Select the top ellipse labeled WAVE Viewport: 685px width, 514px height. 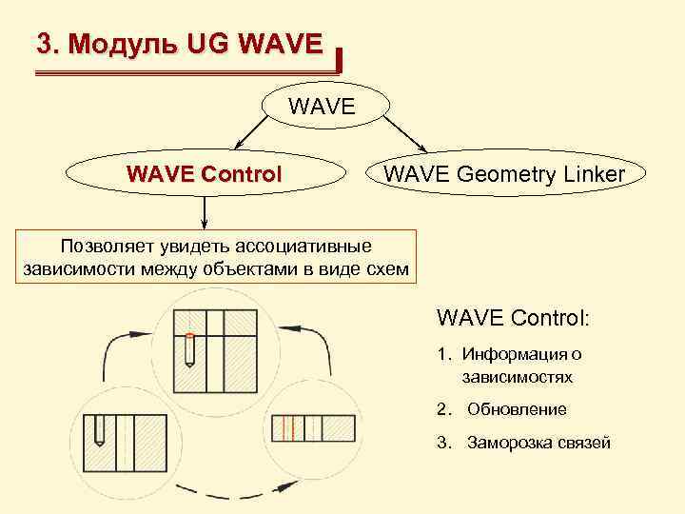pos(323,106)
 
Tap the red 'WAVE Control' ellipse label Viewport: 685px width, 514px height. pos(205,174)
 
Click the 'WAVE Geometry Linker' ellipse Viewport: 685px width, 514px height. pos(503,173)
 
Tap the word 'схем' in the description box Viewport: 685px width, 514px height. pos(387,270)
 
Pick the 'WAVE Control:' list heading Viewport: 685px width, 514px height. pos(513,315)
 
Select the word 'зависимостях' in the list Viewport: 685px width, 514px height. pos(518,377)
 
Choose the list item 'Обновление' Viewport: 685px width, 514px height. pos(517,409)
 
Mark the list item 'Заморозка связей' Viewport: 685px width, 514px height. pos(538,443)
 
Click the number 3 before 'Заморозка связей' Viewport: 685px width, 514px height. pos(441,443)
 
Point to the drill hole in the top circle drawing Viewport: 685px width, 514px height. pos(189,350)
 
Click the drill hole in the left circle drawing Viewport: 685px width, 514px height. pos(98,433)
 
